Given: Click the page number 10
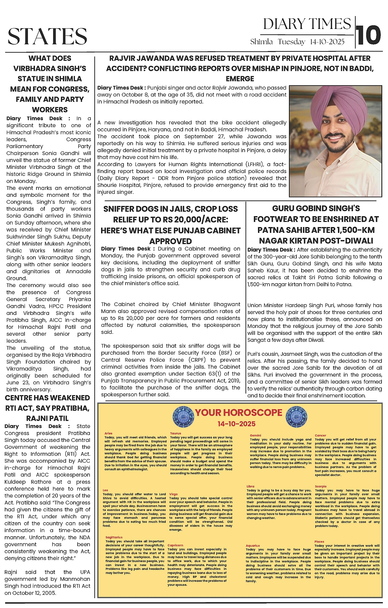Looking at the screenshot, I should click(x=369, y=35).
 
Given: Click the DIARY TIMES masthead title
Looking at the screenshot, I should click(x=307, y=24).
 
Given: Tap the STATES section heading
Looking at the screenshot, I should click(x=47, y=36).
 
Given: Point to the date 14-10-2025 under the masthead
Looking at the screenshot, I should click(x=327, y=42).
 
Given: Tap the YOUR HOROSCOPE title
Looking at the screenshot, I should click(x=238, y=413).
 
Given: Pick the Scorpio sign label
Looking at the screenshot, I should click(x=321, y=486).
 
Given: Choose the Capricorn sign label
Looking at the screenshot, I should click(x=175, y=545).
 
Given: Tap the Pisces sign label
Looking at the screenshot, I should click(x=319, y=541).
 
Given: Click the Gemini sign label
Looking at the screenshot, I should click(x=255, y=435).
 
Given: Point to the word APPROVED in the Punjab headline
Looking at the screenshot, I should click(x=171, y=241).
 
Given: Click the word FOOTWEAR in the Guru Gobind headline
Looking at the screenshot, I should click(x=274, y=219).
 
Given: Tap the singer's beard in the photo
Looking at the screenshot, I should click(x=340, y=150).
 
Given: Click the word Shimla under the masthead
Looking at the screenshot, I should click(x=261, y=42).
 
